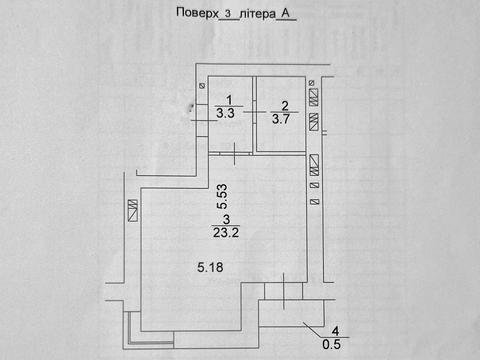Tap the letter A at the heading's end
pos(287,12)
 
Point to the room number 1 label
pos(229,100)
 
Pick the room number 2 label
pos(285,105)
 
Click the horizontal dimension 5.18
pos(209,268)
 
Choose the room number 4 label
pos(336,331)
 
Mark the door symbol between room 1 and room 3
pos(234,152)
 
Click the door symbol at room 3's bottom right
pos(283,296)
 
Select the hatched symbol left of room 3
pos(133,211)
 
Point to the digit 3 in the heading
pos(228,13)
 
